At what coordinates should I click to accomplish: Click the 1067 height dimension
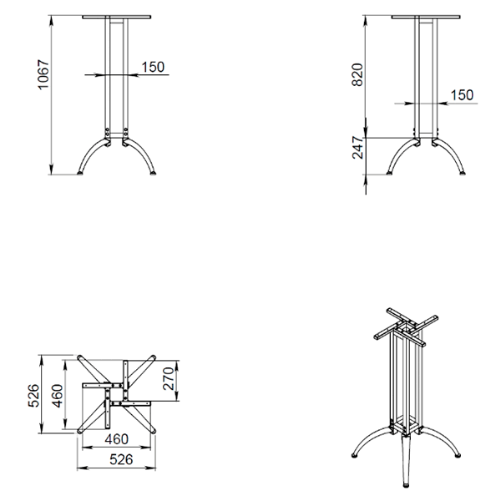coord(43,74)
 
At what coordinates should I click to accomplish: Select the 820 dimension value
coord(357,75)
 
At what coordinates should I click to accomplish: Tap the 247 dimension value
coord(358,148)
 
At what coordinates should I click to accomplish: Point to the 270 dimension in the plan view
coord(168,378)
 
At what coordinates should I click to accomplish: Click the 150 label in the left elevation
coord(153,67)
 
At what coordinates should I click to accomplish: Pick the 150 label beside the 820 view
coord(462,95)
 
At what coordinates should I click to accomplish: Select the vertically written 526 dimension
coord(34,396)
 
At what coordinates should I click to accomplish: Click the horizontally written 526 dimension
coord(121,460)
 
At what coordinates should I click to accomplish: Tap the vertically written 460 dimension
coord(58,396)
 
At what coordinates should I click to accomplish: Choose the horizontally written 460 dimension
coord(117,439)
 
